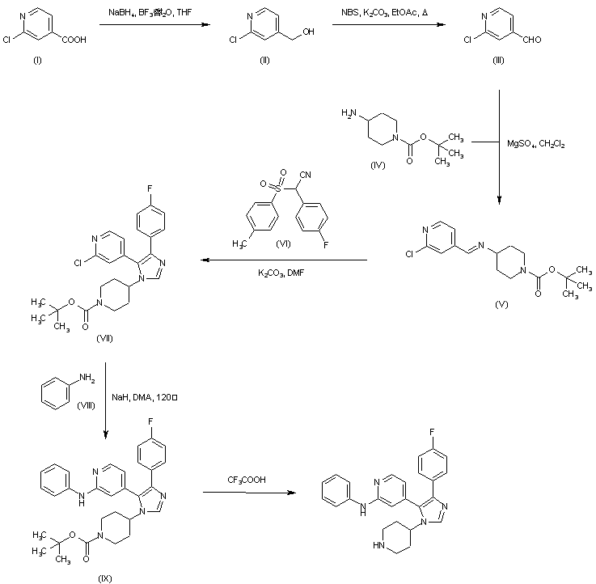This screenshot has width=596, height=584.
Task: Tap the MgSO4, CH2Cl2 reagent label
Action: click(x=536, y=144)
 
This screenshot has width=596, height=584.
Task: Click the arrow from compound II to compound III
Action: click(x=388, y=26)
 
